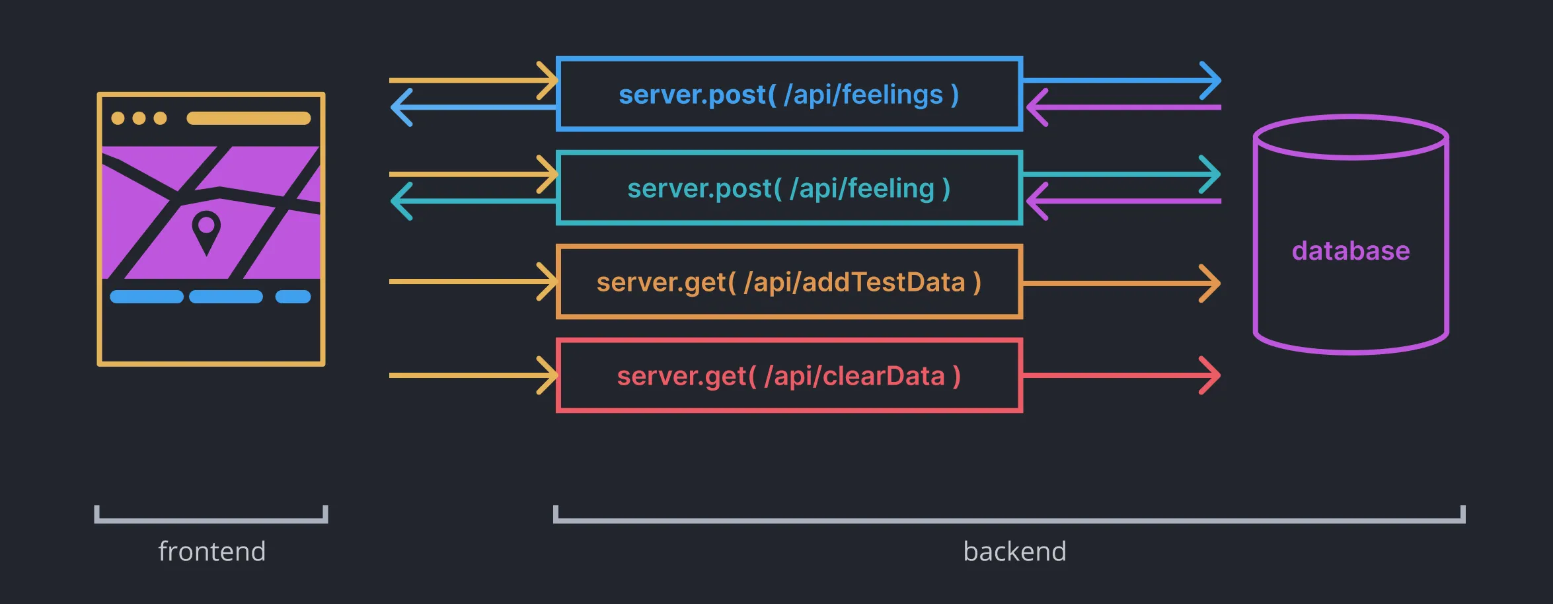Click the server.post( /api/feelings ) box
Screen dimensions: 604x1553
click(x=789, y=94)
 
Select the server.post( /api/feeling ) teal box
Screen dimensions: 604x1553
click(x=789, y=188)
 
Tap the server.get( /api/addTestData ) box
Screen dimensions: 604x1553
click(x=789, y=282)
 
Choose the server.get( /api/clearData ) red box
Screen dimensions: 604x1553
click(x=789, y=376)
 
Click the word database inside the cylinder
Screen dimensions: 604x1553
click(x=1351, y=251)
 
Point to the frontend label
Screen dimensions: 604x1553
click(x=211, y=551)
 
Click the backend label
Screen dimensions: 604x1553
click(x=1014, y=551)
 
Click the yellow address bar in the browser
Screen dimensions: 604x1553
click(x=248, y=118)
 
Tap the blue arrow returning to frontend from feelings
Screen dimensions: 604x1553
click(x=473, y=107)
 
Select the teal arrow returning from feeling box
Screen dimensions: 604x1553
click(x=473, y=201)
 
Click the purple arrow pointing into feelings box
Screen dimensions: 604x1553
click(x=1123, y=107)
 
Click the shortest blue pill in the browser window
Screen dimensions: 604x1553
click(x=293, y=297)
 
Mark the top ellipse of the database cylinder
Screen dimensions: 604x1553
click(x=1351, y=137)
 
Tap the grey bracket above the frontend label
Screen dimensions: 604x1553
click(x=211, y=520)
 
